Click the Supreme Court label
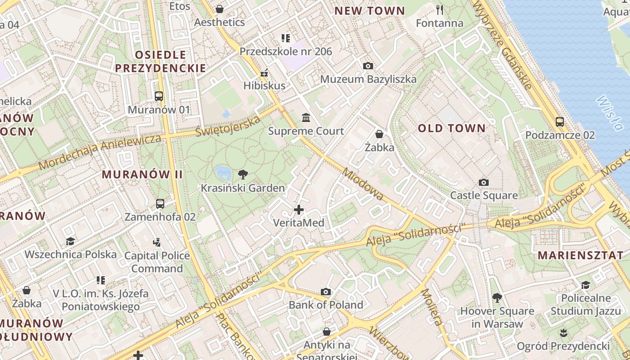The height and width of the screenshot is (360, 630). [x=306, y=131]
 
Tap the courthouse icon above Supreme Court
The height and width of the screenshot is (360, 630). [x=306, y=118]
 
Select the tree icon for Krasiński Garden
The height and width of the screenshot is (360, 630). [x=243, y=174]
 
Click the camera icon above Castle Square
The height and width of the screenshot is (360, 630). [x=484, y=182]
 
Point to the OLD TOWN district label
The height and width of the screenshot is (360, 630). [x=452, y=128]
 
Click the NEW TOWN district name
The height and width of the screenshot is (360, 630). [x=369, y=11]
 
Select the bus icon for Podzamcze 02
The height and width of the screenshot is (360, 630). [x=560, y=121]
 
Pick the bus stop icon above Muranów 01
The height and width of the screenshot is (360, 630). [x=159, y=96]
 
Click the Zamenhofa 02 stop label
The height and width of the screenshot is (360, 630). [x=160, y=217]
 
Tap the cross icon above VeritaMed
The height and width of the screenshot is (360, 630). [x=299, y=210]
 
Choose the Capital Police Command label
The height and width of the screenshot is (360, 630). [x=157, y=262]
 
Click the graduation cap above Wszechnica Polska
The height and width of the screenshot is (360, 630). [x=70, y=242]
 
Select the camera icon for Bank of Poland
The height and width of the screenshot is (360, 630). [x=326, y=292]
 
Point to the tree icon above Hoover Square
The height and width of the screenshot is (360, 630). [x=497, y=298]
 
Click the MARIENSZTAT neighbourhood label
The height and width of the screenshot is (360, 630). [x=580, y=255]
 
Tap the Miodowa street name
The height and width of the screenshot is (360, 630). [x=362, y=184]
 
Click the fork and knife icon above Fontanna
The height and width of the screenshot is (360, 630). [x=440, y=10]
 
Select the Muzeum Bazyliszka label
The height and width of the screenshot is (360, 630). [x=368, y=79]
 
